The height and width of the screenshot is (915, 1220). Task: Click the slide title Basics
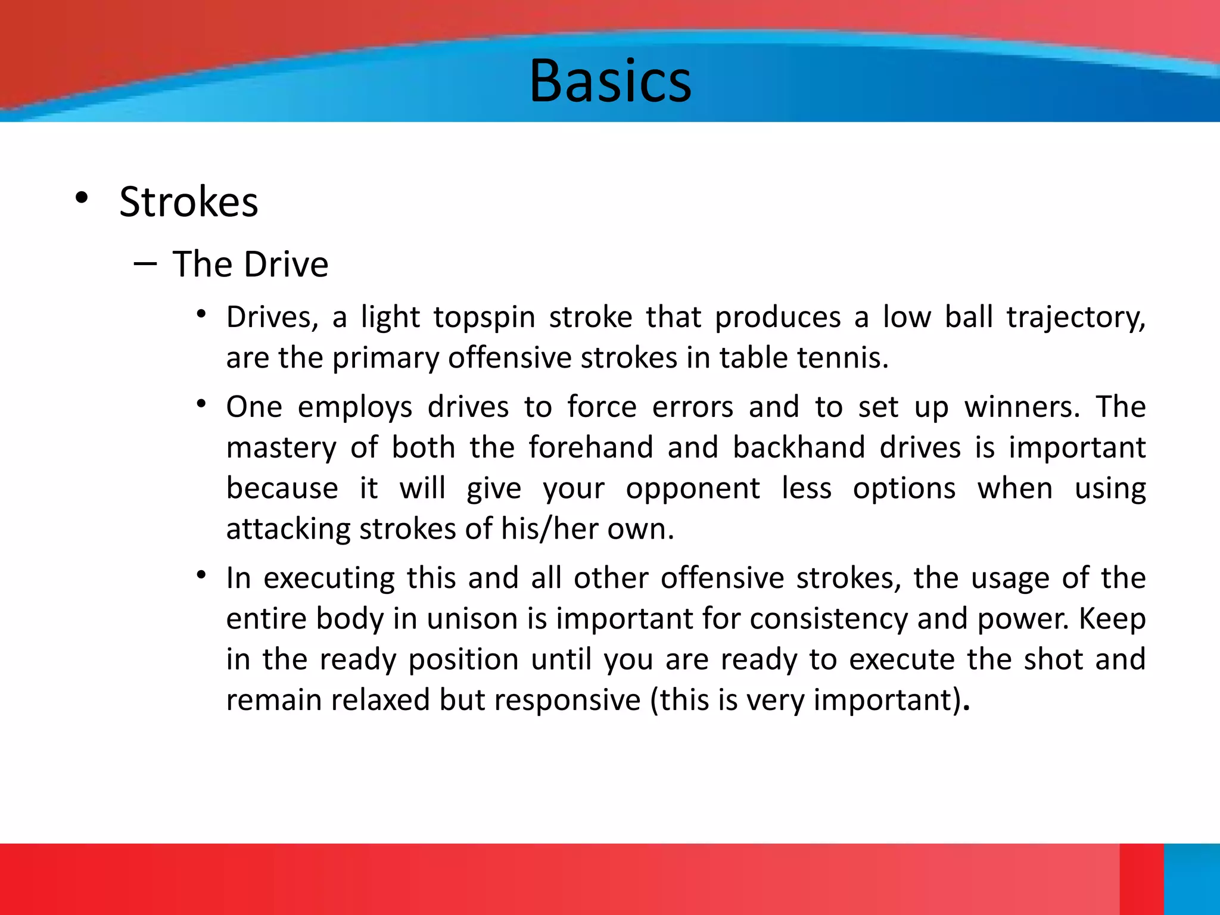pos(610,82)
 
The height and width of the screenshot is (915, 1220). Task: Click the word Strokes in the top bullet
pos(189,202)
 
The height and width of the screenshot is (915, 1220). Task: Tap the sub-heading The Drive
pos(250,264)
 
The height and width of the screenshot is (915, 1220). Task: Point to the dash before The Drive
pos(145,263)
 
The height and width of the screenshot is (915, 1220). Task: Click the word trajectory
pos(1076,318)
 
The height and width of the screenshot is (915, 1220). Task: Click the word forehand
pos(591,447)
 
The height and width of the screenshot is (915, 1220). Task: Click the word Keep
pos(1112,619)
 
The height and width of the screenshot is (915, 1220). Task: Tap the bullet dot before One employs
pos(202,404)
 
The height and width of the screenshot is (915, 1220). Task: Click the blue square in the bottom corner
pos(1192,879)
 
